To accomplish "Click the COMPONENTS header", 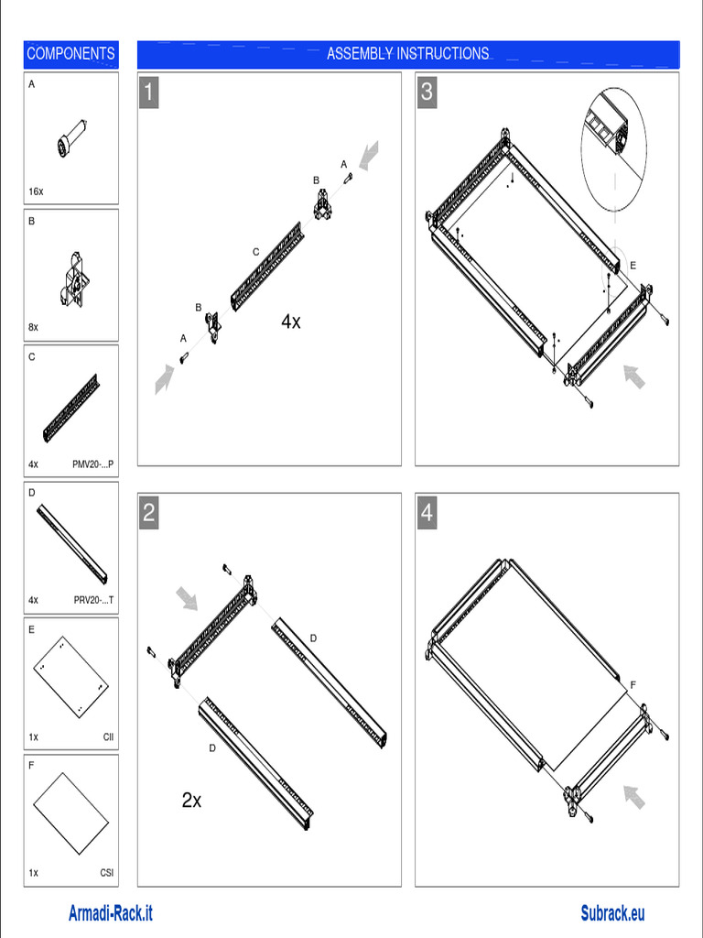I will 70,54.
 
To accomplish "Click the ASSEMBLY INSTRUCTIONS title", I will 408,54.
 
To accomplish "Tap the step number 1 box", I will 149,93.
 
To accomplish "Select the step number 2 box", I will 149,513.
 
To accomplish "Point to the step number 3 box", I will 427,93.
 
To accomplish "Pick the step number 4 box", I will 427,513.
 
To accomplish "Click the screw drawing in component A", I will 70,140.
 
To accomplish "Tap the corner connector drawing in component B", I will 74,278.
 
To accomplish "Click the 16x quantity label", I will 36,192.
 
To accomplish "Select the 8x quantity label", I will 34,327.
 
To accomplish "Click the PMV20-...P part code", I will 93,464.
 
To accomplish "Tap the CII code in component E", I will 109,736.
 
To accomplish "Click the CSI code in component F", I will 107,873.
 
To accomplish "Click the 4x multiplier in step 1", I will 291,322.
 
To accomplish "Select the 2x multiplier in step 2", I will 191,801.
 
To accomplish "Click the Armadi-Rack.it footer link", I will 111,913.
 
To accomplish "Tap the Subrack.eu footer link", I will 612,913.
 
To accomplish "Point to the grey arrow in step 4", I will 634,797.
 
